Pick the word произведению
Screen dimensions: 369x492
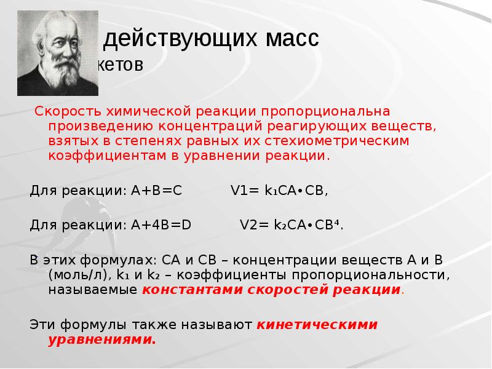(95, 127)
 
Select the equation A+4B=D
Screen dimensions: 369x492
(161, 224)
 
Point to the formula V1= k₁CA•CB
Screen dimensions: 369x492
(279, 190)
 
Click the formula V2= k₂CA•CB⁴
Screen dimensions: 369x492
(291, 224)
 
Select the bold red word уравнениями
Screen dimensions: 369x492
(102, 338)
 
